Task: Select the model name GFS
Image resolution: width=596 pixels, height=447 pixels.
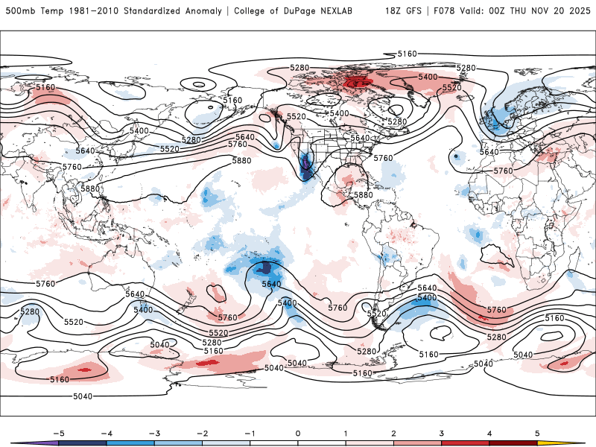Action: click(x=419, y=11)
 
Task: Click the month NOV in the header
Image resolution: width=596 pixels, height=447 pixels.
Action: click(x=551, y=11)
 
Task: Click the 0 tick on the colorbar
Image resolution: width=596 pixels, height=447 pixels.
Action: click(x=298, y=433)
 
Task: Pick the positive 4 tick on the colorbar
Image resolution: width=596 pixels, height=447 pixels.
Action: click(x=489, y=433)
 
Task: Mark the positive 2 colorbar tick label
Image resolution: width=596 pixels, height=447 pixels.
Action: click(x=393, y=433)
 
